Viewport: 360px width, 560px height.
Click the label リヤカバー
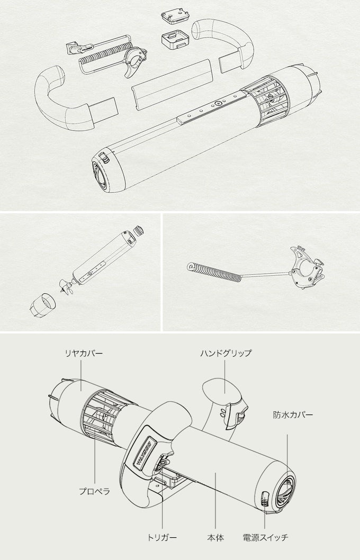84,354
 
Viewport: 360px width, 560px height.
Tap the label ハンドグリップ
226,354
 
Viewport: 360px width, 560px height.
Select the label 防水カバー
293,414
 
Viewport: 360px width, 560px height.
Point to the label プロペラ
94,491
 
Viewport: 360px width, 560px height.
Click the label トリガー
162,537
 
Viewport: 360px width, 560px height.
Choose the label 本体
215,537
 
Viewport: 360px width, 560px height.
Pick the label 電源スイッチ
265,537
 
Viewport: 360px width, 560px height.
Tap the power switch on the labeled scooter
265,498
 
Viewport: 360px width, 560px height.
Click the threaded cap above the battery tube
138,230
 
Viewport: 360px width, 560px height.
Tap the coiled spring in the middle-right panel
214,272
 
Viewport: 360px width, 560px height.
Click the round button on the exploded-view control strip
218,104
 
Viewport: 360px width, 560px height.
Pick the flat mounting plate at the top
175,16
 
